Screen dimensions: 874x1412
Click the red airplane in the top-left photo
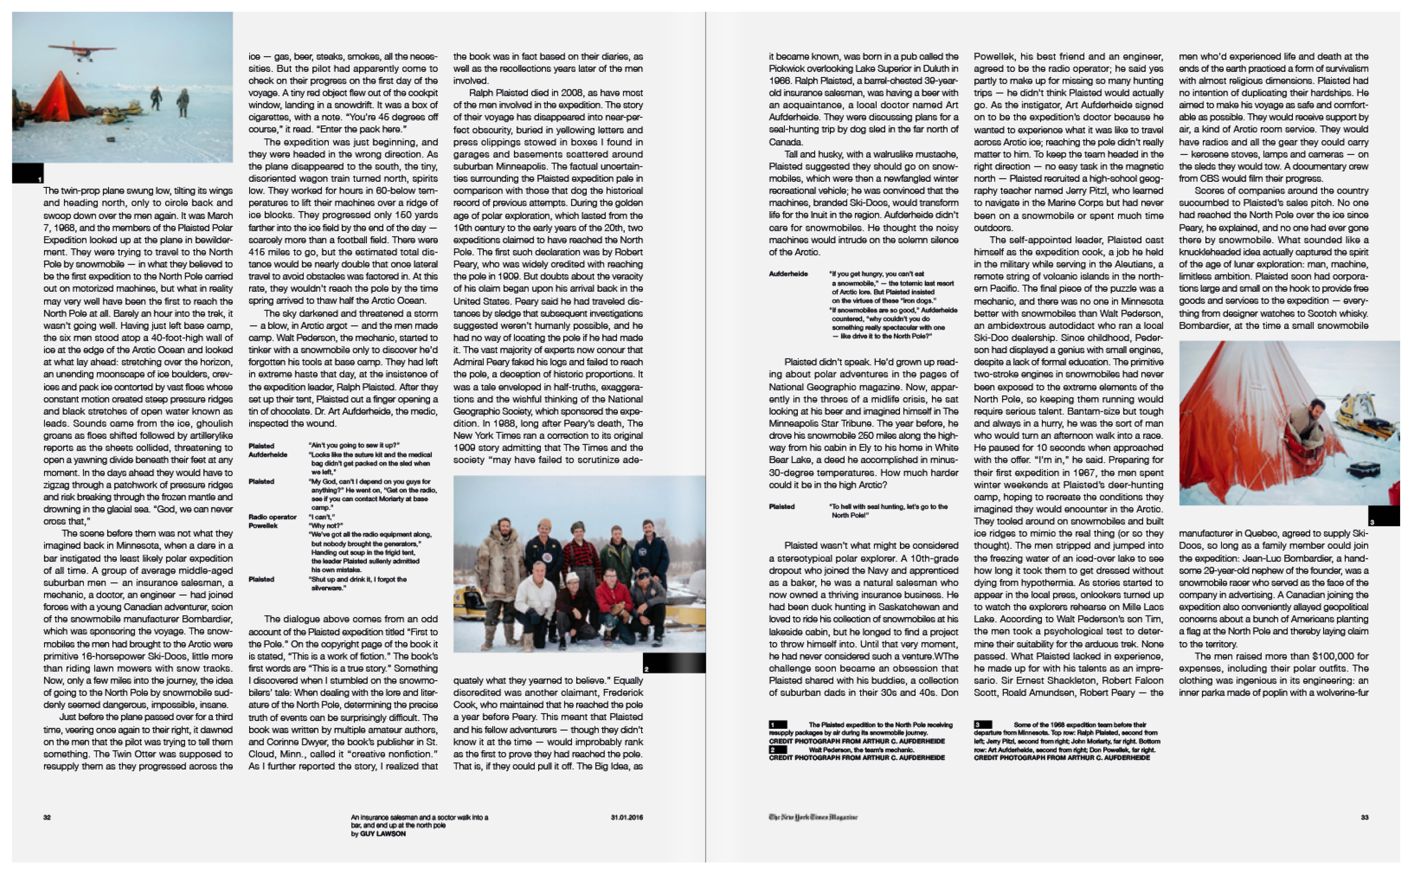click(82, 50)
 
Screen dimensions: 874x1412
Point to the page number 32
click(47, 817)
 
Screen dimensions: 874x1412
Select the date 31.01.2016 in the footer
click(627, 817)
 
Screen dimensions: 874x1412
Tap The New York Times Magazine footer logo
click(812, 817)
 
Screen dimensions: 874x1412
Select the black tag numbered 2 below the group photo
click(673, 663)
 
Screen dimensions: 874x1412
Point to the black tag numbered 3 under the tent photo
click(1384, 516)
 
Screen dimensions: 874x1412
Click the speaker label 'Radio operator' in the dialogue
click(272, 517)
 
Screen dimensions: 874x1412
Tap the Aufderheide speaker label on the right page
click(788, 274)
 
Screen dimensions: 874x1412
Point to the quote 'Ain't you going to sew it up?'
click(354, 446)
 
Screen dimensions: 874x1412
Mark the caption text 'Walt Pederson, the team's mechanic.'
click(861, 750)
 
